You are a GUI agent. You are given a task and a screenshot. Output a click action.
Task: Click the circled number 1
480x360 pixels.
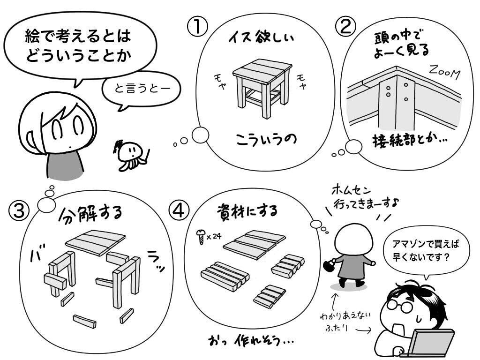pyautogui.click(x=197, y=27)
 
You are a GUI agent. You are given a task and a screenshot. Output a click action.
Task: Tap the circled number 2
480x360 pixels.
pyautogui.click(x=346, y=27)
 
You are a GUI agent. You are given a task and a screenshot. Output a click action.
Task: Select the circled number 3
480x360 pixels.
pyautogui.click(x=19, y=211)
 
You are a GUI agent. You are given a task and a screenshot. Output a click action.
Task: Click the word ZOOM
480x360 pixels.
pyautogui.click(x=444, y=72)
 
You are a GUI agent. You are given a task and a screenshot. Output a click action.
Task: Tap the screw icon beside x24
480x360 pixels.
pyautogui.click(x=201, y=236)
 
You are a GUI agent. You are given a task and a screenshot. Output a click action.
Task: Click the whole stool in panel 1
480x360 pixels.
pyautogui.click(x=262, y=88)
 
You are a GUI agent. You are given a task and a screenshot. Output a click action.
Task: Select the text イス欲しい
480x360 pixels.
pyautogui.click(x=261, y=37)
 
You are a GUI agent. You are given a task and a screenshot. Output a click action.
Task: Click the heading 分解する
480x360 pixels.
pyautogui.click(x=90, y=213)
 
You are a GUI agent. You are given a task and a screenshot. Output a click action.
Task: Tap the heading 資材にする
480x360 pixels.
pyautogui.click(x=247, y=210)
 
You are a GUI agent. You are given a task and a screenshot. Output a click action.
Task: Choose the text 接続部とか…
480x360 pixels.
pyautogui.click(x=410, y=141)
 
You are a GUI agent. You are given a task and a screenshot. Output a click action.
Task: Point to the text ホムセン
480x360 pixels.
pyautogui.click(x=351, y=190)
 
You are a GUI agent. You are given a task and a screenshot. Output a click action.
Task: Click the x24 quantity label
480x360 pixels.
pyautogui.click(x=214, y=236)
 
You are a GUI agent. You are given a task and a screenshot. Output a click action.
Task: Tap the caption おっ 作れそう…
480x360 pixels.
pyautogui.click(x=250, y=340)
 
